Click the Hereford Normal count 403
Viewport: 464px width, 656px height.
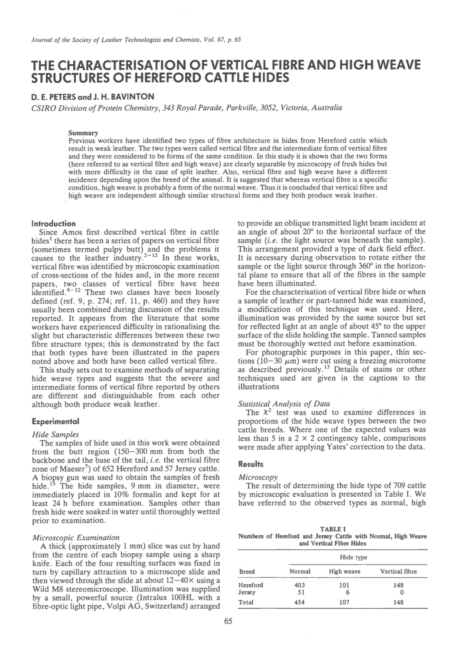tap(300, 585)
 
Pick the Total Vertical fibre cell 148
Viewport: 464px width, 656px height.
tap(399, 602)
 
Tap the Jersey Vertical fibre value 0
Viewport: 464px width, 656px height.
tap(402, 592)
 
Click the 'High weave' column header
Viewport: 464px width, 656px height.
tap(344, 571)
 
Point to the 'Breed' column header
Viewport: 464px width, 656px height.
tap(247, 571)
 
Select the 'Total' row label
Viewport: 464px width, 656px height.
tap(246, 602)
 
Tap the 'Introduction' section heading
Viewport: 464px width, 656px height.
tap(54, 223)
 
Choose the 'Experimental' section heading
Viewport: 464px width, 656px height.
tap(56, 421)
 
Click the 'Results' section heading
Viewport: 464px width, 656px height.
tap(250, 464)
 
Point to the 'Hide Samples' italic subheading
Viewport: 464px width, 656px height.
tap(56, 434)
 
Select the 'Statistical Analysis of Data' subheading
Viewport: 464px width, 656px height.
tap(284, 403)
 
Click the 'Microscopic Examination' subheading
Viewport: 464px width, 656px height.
tap(76, 537)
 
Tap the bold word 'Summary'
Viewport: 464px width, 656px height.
tap(83, 133)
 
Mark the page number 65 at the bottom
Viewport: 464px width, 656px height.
tap(228, 621)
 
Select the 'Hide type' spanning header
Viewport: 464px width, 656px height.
tap(353, 557)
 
